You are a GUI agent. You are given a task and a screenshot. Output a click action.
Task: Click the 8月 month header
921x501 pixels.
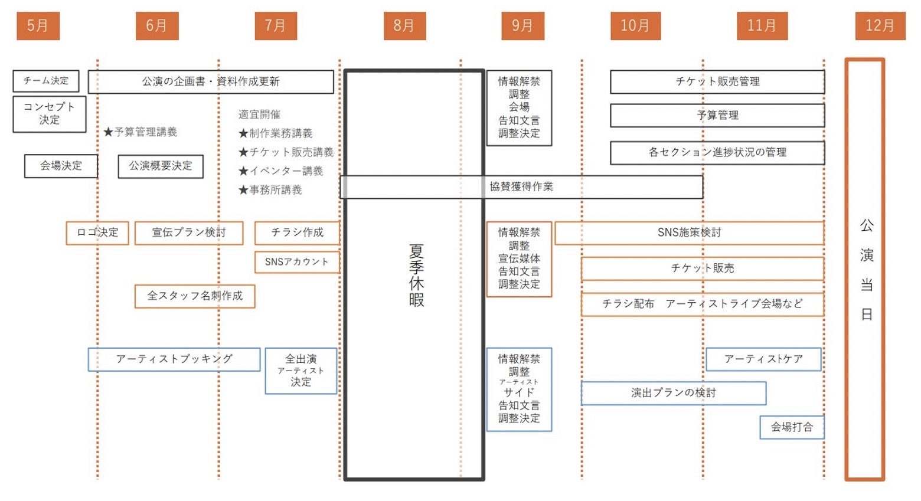[404, 26]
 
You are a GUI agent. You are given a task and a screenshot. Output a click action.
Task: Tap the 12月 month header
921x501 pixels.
[880, 26]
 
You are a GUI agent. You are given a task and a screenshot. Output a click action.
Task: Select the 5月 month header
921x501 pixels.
[38, 26]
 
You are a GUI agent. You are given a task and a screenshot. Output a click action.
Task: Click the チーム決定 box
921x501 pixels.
[46, 81]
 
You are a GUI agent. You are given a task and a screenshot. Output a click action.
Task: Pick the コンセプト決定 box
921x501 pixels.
[50, 113]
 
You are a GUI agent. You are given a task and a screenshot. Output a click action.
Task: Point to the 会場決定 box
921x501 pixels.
[61, 166]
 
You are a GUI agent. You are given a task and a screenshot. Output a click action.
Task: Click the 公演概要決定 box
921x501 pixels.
[161, 166]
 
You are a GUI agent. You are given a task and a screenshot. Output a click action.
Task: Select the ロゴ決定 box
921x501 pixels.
[97, 233]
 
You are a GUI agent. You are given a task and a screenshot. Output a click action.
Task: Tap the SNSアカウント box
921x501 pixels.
[297, 262]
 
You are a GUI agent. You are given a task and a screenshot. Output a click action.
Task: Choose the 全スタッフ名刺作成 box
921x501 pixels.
[195, 296]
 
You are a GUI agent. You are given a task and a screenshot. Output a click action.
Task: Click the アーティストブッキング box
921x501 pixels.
[174, 359]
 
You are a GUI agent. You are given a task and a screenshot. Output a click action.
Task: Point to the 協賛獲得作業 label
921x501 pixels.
[521, 186]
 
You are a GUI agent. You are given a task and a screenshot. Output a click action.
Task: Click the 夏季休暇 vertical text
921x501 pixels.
[416, 275]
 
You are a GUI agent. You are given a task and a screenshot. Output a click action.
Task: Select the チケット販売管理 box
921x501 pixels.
[717, 81]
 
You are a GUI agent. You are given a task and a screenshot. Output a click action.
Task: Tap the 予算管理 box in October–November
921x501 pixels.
[717, 115]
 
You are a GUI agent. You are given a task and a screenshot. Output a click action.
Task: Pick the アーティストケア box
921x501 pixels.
[763, 359]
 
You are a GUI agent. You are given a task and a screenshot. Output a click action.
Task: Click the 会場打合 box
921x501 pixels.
[792, 427]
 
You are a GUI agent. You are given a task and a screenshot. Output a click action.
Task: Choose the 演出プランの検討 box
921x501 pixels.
[674, 393]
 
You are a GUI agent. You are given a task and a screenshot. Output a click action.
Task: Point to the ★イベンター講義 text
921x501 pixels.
[281, 171]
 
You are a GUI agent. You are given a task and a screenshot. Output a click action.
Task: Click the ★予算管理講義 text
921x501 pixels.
[141, 132]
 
